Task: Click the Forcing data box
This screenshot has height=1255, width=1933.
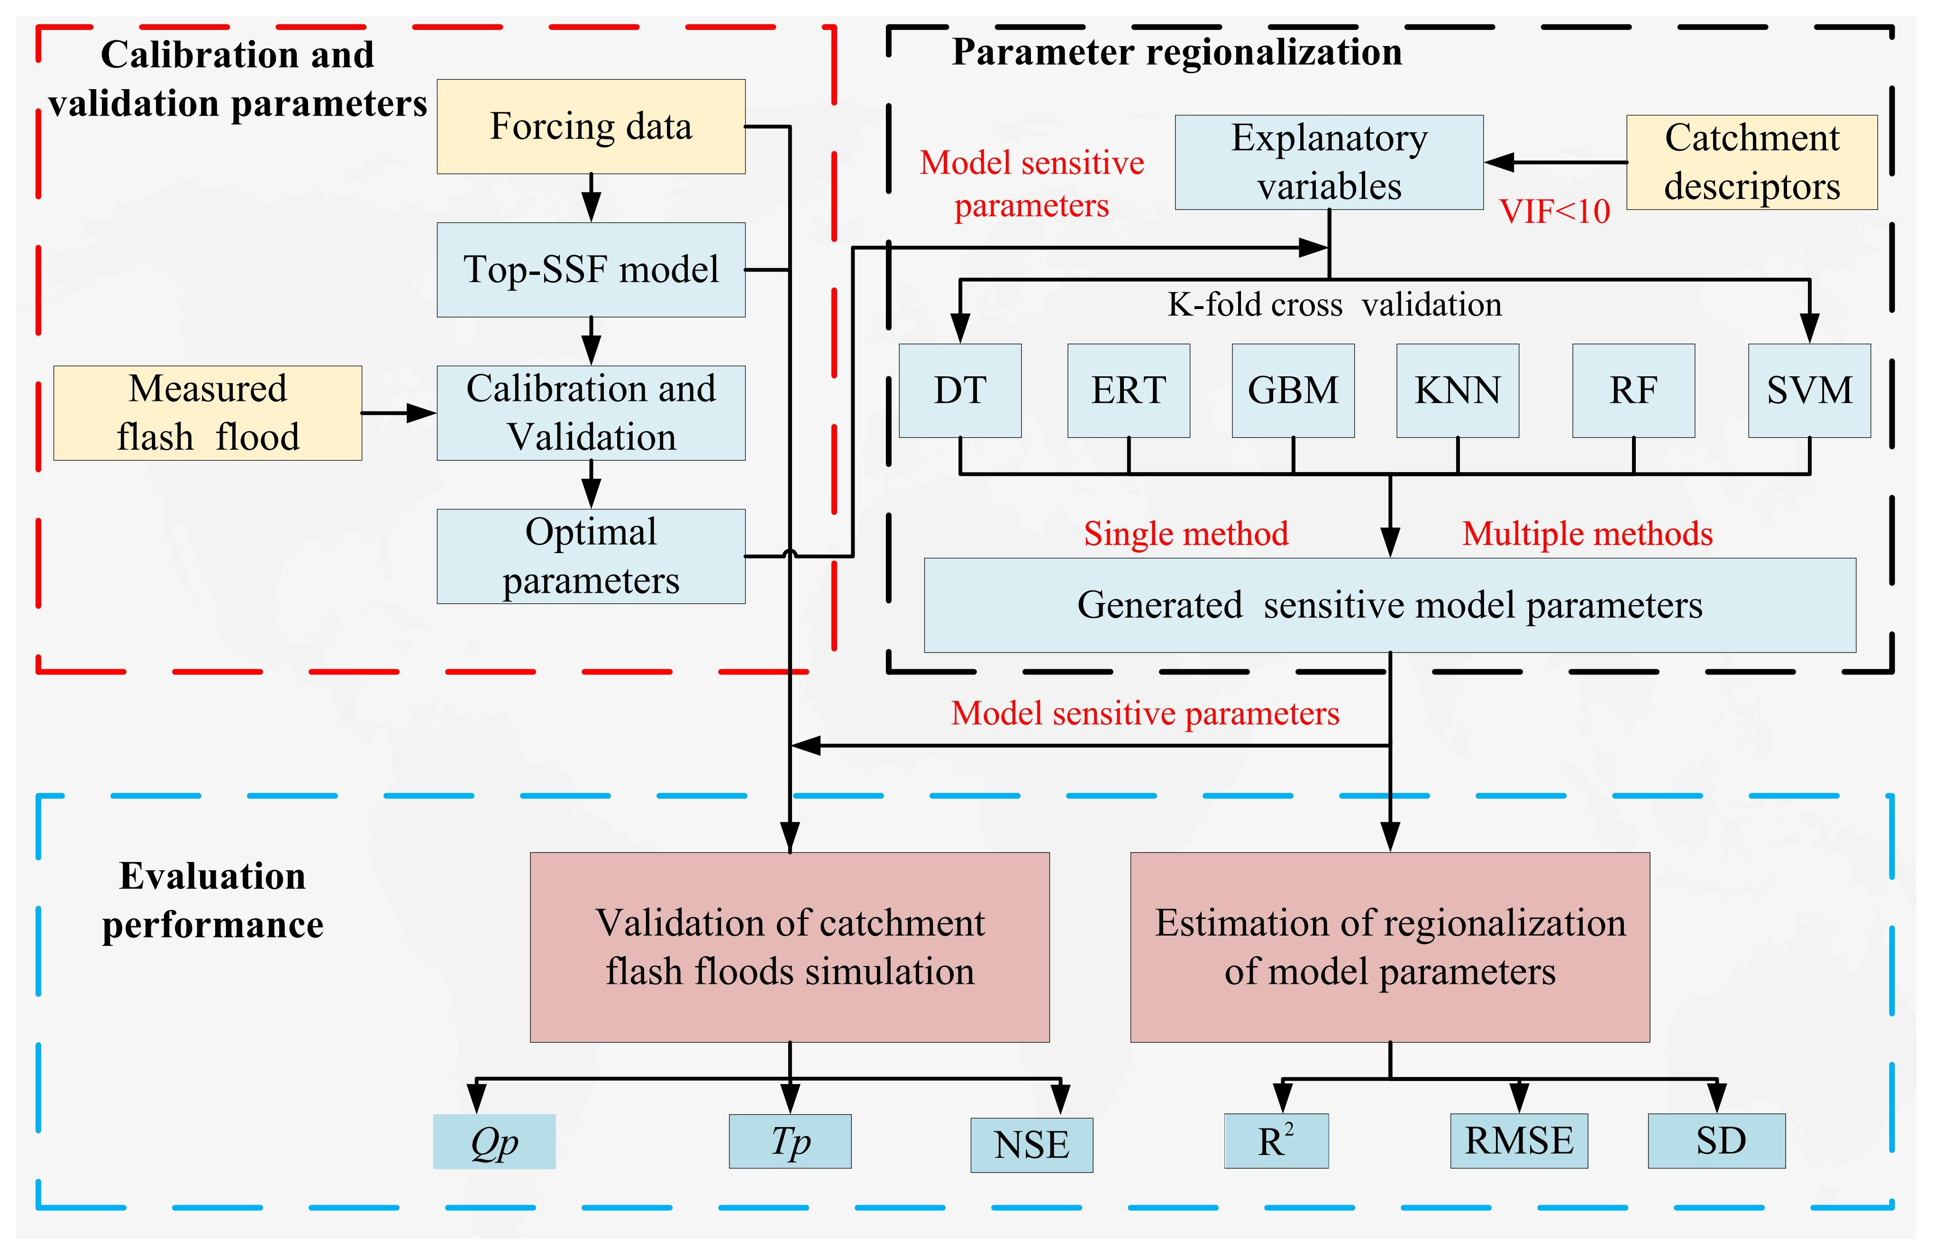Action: coord(591,127)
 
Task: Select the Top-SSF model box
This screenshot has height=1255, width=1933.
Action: coord(591,270)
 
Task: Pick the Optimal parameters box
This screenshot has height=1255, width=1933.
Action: coord(591,556)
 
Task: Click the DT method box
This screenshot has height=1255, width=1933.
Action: coord(960,391)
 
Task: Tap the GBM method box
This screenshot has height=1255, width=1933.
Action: coord(1293,391)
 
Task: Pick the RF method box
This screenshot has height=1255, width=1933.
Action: coord(1633,391)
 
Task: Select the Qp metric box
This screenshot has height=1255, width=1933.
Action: coord(494,1141)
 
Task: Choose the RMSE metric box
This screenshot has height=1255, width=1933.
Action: coord(1519,1141)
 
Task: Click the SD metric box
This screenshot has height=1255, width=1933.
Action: coord(1716,1141)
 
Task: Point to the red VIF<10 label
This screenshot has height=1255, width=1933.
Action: coord(1554,212)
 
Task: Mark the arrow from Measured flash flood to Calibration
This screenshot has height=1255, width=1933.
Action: coord(399,413)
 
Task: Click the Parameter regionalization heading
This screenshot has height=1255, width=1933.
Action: coord(1177,52)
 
